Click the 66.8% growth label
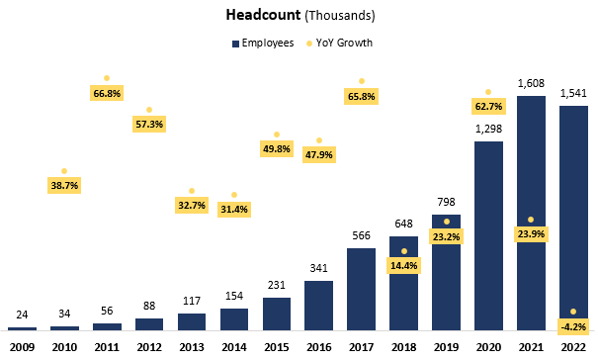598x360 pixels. click(x=107, y=93)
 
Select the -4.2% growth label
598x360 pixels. click(x=573, y=325)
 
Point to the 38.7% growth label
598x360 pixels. click(x=64, y=185)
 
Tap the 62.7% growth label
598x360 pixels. click(x=489, y=106)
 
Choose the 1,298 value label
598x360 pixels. click(x=488, y=130)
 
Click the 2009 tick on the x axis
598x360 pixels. click(x=22, y=347)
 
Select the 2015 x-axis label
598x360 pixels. click(x=276, y=347)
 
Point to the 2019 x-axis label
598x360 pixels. click(x=446, y=347)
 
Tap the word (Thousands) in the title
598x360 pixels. click(x=338, y=16)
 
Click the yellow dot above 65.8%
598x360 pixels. click(x=362, y=80)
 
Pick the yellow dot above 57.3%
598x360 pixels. click(x=149, y=109)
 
